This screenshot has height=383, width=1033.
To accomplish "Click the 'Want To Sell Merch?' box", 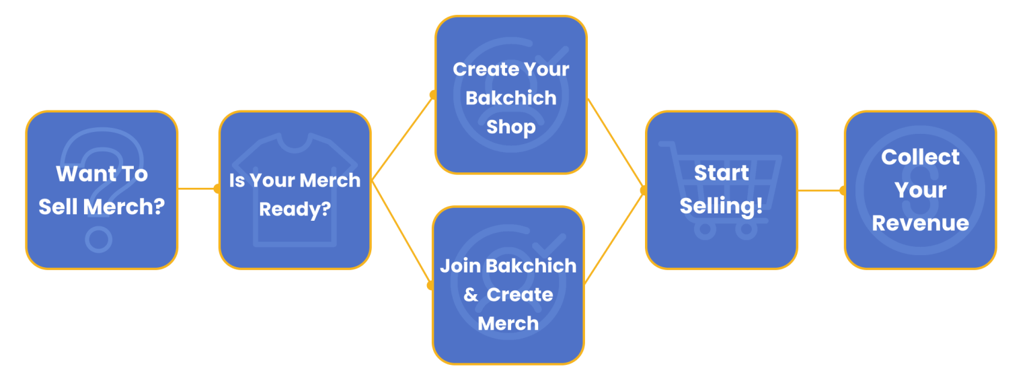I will click(x=102, y=190).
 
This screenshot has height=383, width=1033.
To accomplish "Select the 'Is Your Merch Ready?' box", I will click(x=295, y=190).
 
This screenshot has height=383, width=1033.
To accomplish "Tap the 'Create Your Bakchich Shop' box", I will click(x=511, y=95).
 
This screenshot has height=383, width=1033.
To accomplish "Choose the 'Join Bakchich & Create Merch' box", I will click(x=508, y=285).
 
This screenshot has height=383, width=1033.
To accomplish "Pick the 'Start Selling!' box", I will click(x=721, y=190).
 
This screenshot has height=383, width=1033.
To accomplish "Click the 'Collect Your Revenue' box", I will click(x=920, y=190).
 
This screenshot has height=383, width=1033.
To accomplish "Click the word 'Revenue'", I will click(x=920, y=223).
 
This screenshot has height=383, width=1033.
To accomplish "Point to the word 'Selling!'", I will click(x=721, y=206).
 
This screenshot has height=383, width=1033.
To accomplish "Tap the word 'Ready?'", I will click(x=295, y=209).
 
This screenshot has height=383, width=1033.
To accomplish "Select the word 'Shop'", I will click(x=511, y=127).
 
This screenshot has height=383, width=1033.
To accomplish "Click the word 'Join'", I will click(x=460, y=266).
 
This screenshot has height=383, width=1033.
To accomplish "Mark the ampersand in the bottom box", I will click(x=471, y=295).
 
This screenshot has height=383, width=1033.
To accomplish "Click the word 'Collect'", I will click(x=920, y=158).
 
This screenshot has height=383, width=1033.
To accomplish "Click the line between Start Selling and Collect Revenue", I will click(x=820, y=190).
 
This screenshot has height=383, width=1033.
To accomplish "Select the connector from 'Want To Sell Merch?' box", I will click(x=198, y=189).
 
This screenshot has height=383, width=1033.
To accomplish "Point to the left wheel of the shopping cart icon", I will click(x=704, y=230).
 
